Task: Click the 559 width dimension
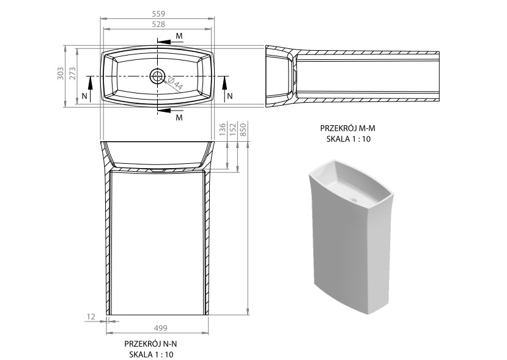[x=158, y=14]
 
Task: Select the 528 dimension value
[x=158, y=24]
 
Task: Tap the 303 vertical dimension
[x=61, y=74]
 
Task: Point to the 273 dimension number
[x=72, y=74]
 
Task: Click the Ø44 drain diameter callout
[x=175, y=84]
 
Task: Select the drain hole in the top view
[x=157, y=76]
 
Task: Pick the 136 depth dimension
[x=223, y=129]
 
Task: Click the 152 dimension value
[x=233, y=129]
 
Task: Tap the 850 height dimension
[x=243, y=129]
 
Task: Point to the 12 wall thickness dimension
[x=91, y=317]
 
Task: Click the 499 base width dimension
[x=160, y=328]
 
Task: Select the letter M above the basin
[x=179, y=36]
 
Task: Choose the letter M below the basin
[x=179, y=117]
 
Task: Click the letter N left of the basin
[x=84, y=96]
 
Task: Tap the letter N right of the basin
[x=230, y=96]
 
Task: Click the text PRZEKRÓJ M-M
[x=348, y=128]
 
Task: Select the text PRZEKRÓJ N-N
[x=151, y=343]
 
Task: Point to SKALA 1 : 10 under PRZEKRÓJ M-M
[x=348, y=139]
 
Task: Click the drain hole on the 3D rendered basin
[x=354, y=200]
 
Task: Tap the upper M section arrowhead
[x=165, y=42]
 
